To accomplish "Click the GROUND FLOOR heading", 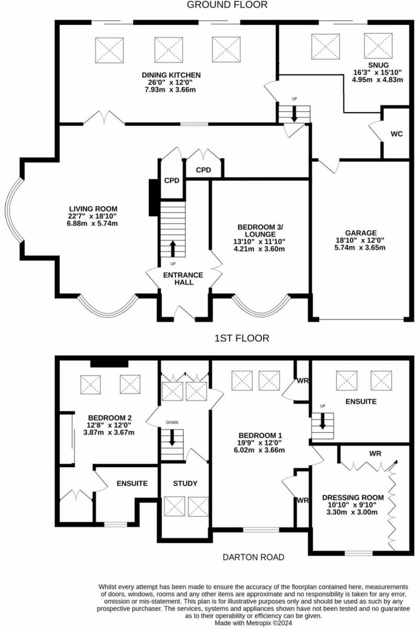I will pyautogui.click(x=227, y=5).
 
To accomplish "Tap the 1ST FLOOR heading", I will pyautogui.click(x=242, y=339).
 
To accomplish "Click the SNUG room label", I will pyautogui.click(x=377, y=64).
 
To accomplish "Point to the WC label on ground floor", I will pyautogui.click(x=396, y=134).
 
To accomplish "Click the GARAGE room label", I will pyautogui.click(x=361, y=233).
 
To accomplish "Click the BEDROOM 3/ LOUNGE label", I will pyautogui.click(x=260, y=230).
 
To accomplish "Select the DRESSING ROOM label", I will pyautogui.click(x=352, y=497).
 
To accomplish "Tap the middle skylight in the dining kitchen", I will pyautogui.click(x=168, y=50).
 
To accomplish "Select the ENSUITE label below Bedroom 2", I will pyautogui.click(x=131, y=483).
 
